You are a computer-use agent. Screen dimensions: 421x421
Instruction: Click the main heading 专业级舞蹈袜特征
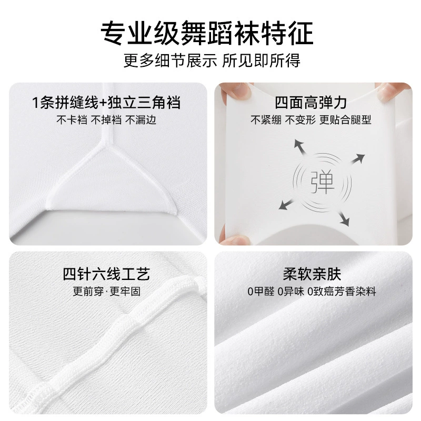[x=207, y=33]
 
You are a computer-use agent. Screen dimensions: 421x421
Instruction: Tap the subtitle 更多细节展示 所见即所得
[x=212, y=61]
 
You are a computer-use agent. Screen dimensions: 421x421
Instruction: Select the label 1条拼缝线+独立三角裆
[x=106, y=103]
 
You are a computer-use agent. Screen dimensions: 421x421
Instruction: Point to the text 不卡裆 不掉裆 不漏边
[x=106, y=120]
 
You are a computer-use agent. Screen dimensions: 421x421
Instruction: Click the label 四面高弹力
[x=311, y=103]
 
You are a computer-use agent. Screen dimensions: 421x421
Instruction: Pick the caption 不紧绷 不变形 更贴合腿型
[x=311, y=120]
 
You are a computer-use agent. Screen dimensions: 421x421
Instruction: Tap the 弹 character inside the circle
[x=322, y=182]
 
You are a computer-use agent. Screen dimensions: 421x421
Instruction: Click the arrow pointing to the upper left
[x=300, y=147]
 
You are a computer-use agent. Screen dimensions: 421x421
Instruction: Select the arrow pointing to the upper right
[x=358, y=159]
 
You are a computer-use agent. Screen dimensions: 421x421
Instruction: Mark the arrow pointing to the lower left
[x=285, y=205]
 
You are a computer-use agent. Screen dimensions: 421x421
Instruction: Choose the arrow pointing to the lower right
[x=344, y=218]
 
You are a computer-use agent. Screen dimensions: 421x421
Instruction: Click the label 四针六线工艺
[x=106, y=274]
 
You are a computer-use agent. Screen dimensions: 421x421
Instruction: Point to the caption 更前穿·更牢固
[x=106, y=292]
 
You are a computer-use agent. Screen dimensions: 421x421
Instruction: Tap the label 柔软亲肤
[x=312, y=274]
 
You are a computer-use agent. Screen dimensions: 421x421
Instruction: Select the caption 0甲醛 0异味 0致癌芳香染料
[x=312, y=292]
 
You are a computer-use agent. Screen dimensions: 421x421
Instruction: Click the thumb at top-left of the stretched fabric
[x=236, y=93]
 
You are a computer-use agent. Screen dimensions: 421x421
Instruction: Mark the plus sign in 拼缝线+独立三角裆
[x=103, y=103]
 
